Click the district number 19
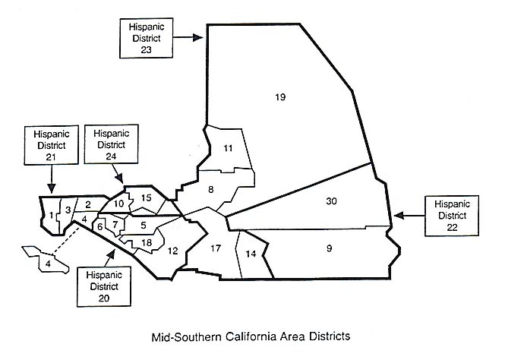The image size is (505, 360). point(279,97)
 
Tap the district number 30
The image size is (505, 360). point(330,201)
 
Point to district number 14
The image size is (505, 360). point(251,254)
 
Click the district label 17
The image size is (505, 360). point(216,248)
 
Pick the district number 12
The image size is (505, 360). point(172,251)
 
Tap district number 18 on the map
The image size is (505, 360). point(147,242)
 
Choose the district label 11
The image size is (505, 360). point(227,148)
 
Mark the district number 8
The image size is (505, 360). point(211,189)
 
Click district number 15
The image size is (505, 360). point(147,198)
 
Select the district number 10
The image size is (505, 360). point(118,204)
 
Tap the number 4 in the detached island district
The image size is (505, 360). point(47,263)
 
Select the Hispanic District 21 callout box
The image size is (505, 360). point(51,144)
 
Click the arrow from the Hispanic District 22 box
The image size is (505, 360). point(409,216)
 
